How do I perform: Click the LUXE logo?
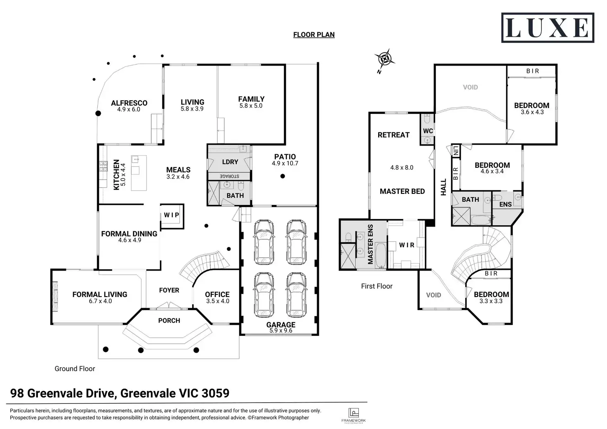pyautogui.click(x=547, y=28)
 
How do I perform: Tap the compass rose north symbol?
pyautogui.click(x=384, y=60)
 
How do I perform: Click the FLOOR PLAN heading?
pyautogui.click(x=314, y=35)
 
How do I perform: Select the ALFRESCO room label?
pyautogui.click(x=129, y=103)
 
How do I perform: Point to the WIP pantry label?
pyautogui.click(x=172, y=215)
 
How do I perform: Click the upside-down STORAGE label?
pyautogui.click(x=229, y=176)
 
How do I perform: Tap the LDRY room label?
pyautogui.click(x=230, y=162)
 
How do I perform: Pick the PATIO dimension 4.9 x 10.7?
pyautogui.click(x=285, y=163)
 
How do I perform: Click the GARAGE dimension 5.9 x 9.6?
pyautogui.click(x=281, y=330)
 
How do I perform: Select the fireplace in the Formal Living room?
pyautogui.click(x=55, y=297)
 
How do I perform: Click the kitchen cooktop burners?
pyautogui.click(x=103, y=166)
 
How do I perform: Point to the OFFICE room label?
pyautogui.click(x=217, y=294)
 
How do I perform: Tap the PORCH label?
pyautogui.click(x=169, y=321)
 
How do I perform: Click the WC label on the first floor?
pyautogui.click(x=428, y=131)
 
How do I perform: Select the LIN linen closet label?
pyautogui.click(x=456, y=151)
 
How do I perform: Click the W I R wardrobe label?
pyautogui.click(x=407, y=245)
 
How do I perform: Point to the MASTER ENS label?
pyautogui.click(x=370, y=244)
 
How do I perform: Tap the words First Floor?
pyautogui.click(x=376, y=286)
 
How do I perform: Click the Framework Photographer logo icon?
pyautogui.click(x=353, y=413)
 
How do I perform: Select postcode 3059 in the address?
pyautogui.click(x=215, y=393)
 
